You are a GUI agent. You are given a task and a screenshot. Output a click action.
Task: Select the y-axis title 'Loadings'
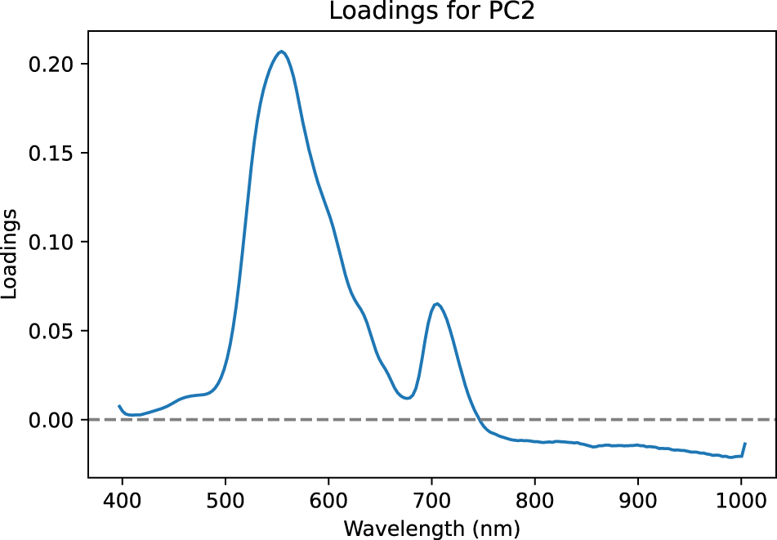point(11,254)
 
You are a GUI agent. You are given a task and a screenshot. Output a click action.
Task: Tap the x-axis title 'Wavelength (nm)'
point(431,528)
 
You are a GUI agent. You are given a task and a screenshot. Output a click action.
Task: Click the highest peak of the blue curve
point(282,51)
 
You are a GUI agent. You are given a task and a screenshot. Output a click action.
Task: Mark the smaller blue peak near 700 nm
point(438,304)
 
